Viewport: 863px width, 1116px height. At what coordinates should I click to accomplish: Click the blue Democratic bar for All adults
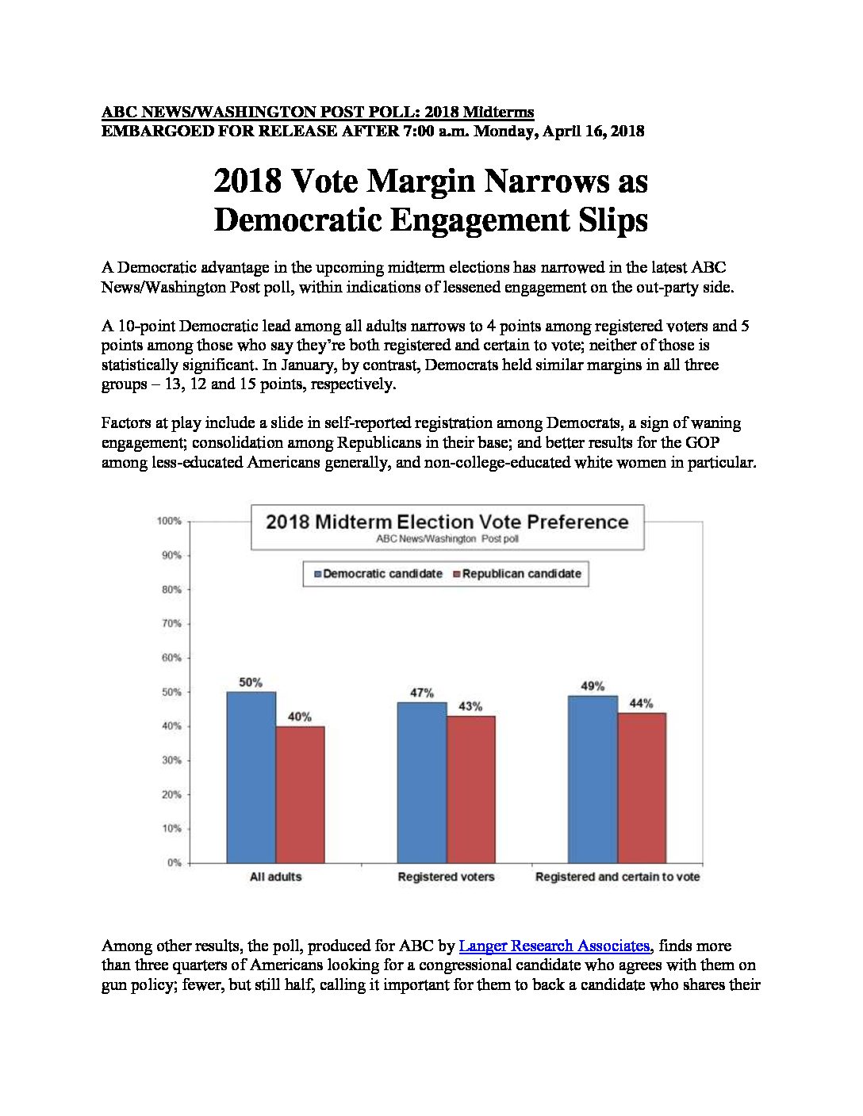[251, 777]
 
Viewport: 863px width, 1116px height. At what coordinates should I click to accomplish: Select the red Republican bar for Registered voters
[471, 789]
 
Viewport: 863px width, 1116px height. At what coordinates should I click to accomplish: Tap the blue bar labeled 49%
[593, 779]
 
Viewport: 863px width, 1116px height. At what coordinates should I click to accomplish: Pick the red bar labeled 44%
[642, 788]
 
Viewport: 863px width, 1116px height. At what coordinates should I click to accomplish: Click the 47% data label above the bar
[421, 693]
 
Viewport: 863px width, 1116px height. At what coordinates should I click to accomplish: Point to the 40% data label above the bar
[300, 717]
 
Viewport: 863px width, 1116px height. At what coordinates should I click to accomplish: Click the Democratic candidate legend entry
[378, 574]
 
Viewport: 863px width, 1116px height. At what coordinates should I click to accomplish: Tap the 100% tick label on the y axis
[169, 521]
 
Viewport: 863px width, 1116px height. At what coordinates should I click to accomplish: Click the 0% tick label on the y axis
[175, 863]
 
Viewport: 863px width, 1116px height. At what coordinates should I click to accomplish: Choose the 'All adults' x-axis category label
[275, 877]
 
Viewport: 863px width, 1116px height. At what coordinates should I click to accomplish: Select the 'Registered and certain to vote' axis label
[617, 877]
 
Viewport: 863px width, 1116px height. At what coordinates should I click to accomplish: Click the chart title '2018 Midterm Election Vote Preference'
[447, 522]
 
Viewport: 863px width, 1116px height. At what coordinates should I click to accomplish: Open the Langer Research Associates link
[554, 946]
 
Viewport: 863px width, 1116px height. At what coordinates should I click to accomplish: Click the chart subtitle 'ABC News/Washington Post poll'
[447, 539]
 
